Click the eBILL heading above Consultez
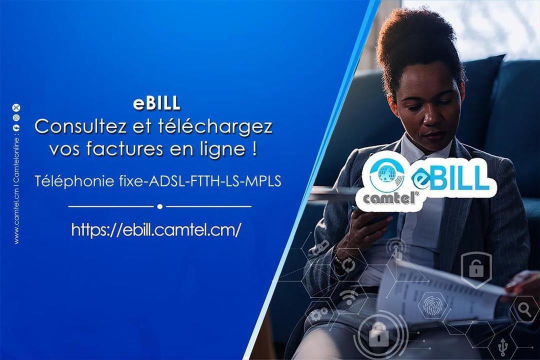156,103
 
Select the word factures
125,149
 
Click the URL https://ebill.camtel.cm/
156,229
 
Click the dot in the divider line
160,206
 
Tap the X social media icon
16,107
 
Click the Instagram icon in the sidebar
16,117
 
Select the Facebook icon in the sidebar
16,127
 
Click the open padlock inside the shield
476,268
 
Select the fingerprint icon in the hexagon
432,305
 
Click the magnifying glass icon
524,309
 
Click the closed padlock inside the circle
378,333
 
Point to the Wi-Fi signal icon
348,297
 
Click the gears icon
318,314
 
